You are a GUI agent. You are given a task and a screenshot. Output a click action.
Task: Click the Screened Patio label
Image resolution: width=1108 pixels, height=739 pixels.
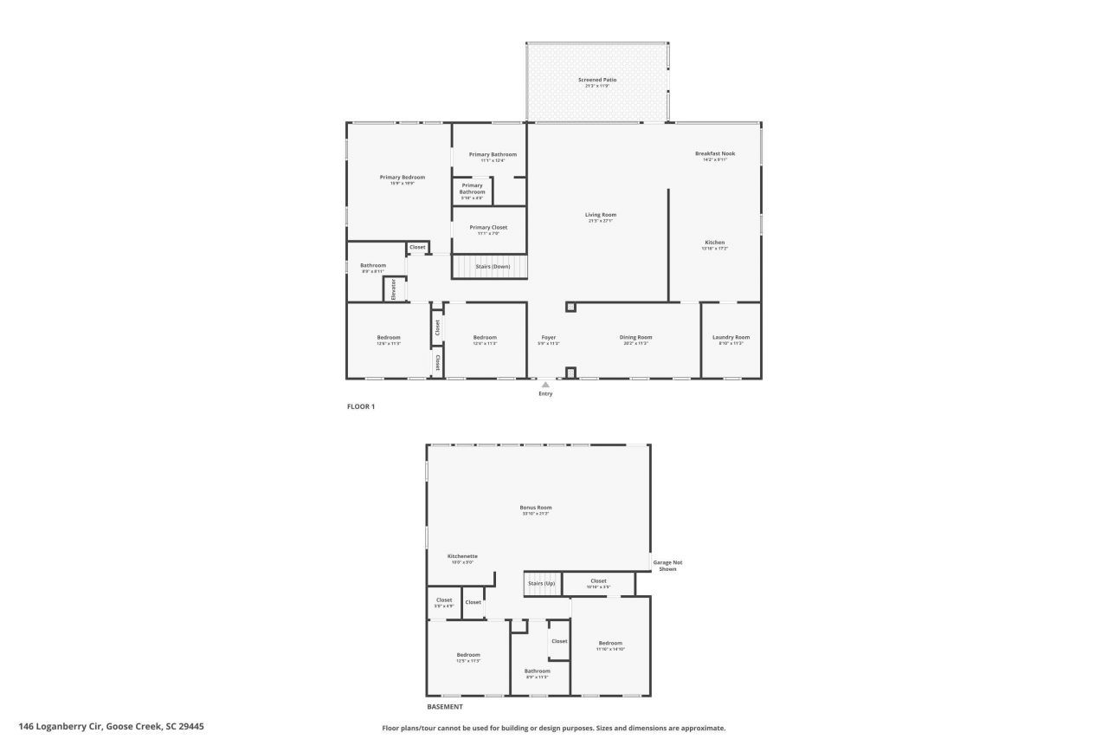tap(597, 80)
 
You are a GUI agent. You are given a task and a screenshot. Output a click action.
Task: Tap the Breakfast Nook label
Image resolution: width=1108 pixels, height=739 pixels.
tap(715, 153)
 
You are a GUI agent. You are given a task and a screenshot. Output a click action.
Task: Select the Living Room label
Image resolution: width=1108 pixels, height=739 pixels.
tap(601, 215)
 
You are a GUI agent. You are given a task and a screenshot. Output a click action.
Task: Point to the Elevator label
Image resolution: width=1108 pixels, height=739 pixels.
tap(394, 289)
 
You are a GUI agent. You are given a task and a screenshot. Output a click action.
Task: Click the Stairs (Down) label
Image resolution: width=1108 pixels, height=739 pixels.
tap(493, 266)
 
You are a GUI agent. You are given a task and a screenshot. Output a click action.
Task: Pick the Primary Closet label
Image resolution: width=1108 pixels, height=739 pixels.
tap(488, 227)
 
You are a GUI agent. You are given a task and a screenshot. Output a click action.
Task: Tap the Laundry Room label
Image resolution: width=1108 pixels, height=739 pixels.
tap(731, 337)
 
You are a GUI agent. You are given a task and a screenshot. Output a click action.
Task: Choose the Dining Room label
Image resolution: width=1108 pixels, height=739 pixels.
tap(635, 337)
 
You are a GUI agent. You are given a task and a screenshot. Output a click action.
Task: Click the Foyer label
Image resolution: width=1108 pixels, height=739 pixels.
tap(549, 337)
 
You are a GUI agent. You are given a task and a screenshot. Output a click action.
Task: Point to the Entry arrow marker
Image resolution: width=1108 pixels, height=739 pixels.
tap(545, 385)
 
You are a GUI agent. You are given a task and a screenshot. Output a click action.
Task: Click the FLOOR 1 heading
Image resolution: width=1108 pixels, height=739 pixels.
tap(361, 406)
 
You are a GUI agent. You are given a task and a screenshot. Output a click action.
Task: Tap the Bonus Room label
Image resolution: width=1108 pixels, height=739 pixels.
tap(536, 508)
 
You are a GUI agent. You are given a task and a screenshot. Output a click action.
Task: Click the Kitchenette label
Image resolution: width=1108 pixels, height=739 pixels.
tap(462, 556)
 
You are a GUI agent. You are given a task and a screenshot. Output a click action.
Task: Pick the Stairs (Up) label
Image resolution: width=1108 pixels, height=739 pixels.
tap(541, 583)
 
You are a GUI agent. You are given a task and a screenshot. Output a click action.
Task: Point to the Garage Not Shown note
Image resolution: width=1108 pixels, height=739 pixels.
tap(667, 566)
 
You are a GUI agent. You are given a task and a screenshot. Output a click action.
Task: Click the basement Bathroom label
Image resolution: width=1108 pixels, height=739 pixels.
tap(537, 671)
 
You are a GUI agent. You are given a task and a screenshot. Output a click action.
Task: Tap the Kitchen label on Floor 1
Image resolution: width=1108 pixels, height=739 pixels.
tap(714, 243)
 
